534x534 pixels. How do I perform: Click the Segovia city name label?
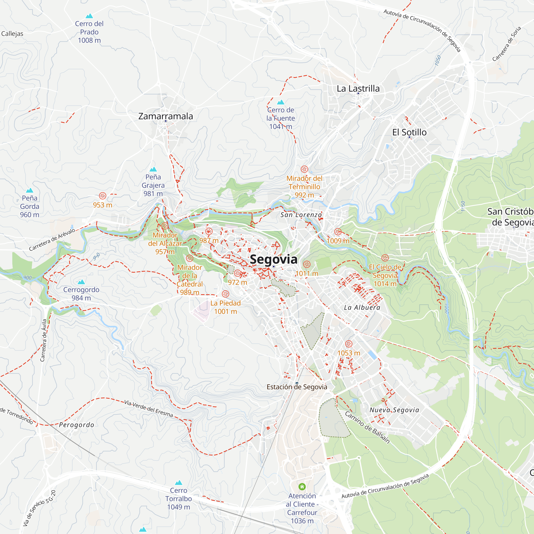pos(273,259)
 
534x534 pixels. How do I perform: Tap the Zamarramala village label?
pos(166,116)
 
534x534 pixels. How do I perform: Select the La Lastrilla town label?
pos(358,88)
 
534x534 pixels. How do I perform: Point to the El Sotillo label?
pos(409,132)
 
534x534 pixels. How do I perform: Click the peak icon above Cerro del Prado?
pos(89,16)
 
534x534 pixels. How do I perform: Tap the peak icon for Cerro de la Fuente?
pos(281,102)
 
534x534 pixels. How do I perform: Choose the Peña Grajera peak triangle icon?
pos(153,169)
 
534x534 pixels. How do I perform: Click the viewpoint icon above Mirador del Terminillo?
pos(304,169)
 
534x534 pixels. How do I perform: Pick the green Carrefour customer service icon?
pos(302,486)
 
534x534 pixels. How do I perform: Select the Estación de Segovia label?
pos(297,387)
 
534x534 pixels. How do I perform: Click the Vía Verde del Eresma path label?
pos(148,409)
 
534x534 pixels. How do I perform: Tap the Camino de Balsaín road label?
pos(367,427)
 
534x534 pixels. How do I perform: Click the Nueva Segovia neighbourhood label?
pos(394,410)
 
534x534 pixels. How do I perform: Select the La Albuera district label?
pos(362,307)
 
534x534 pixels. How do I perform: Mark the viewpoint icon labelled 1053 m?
pos(348,344)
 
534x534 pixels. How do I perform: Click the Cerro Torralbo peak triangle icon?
pos(179,482)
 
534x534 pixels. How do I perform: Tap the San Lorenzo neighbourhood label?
pos(301,215)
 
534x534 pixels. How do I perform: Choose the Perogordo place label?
pos(77,425)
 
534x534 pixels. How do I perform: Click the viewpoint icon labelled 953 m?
pos(103,196)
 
